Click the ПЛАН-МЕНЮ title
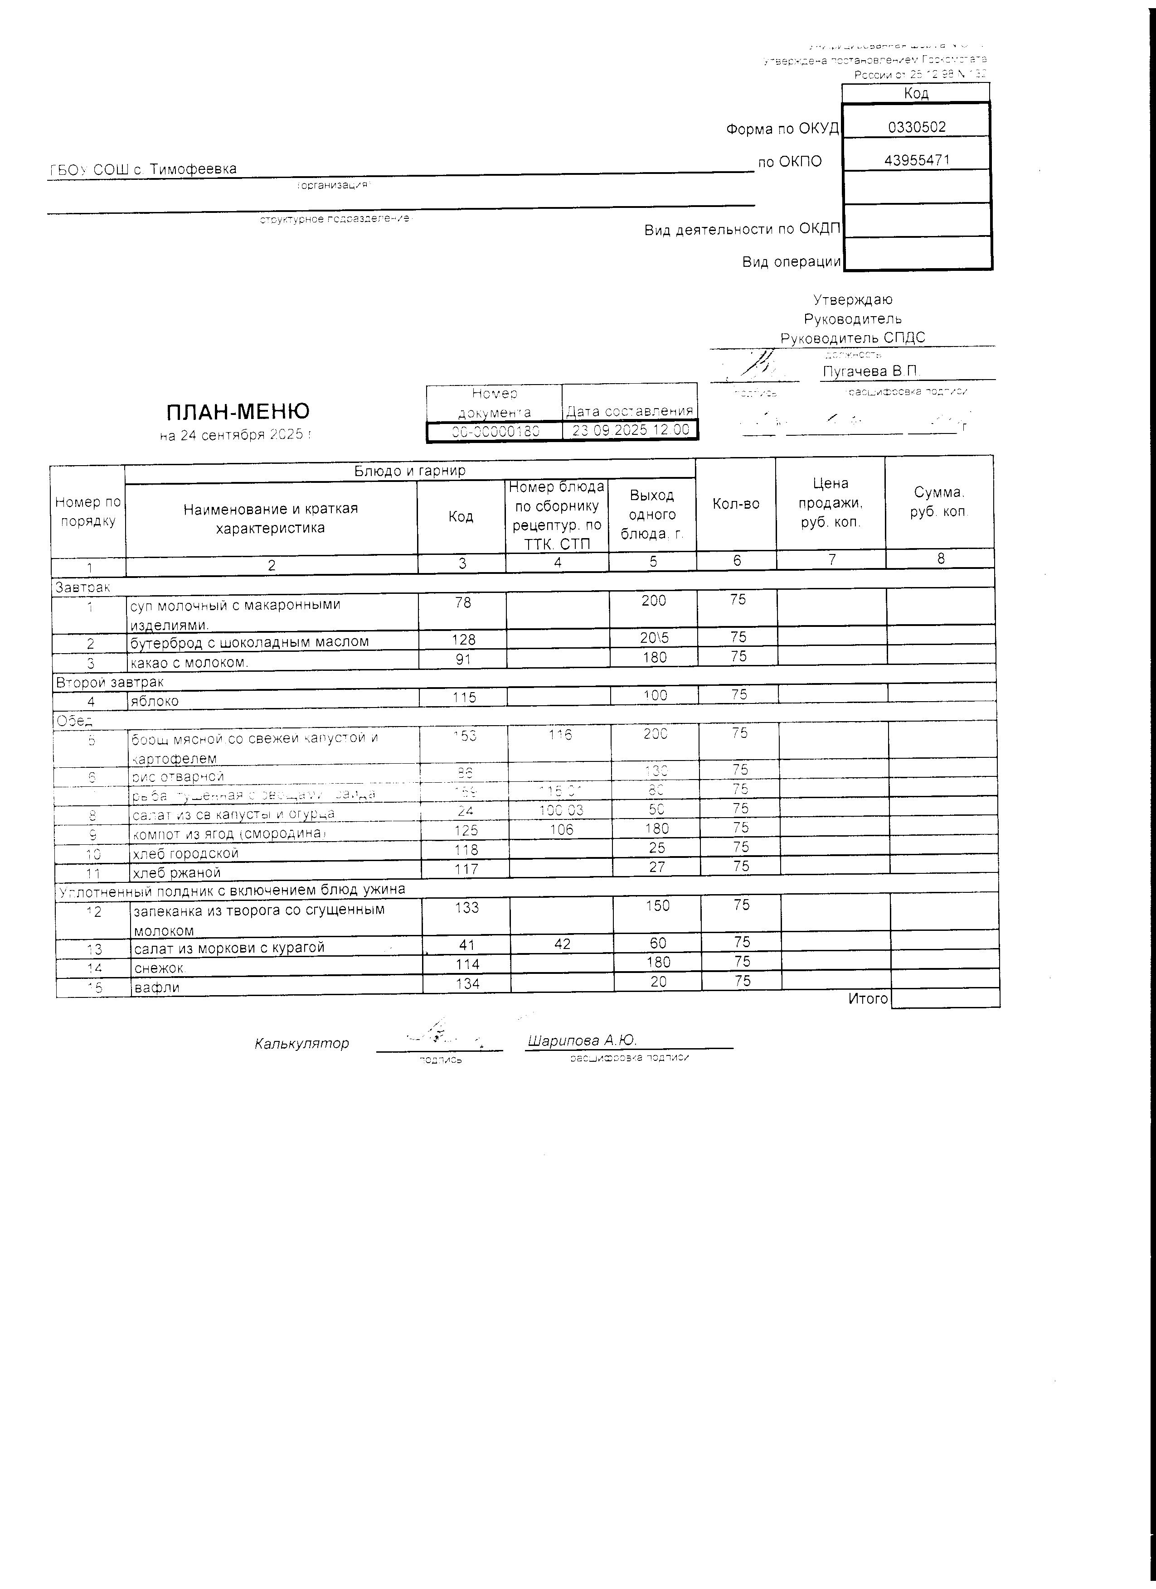238,411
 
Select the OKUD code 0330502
916,127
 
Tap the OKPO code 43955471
916,160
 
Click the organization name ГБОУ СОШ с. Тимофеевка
143,169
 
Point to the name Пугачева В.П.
871,371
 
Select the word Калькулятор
301,1043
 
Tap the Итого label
868,998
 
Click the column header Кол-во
736,503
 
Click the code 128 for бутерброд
463,640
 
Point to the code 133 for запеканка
467,907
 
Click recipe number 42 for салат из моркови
562,944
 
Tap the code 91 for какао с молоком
463,659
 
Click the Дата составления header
630,410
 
